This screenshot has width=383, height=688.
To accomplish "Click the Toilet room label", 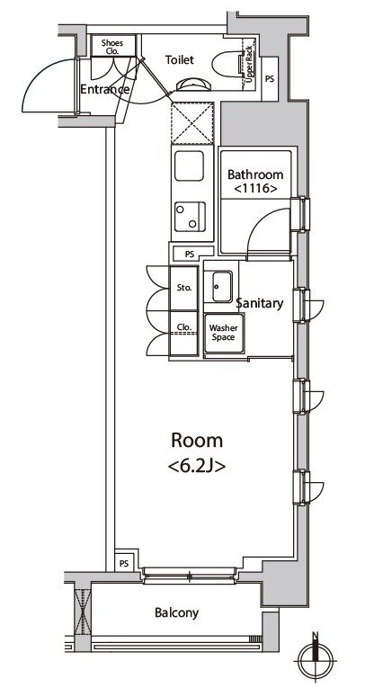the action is pyautogui.click(x=180, y=59).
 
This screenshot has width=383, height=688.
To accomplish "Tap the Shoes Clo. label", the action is pyautogui.click(x=111, y=47).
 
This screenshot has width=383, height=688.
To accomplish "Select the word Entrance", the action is pyautogui.click(x=105, y=90).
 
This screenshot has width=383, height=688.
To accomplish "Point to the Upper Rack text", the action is pyautogui.click(x=249, y=64).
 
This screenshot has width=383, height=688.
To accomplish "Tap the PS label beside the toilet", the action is pyautogui.click(x=270, y=79).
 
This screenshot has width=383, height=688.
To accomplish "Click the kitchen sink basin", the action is pyautogui.click(x=189, y=165).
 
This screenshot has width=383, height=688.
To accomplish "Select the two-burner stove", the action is pyautogui.click(x=190, y=216).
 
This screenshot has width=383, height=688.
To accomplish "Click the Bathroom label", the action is pyautogui.click(x=255, y=175).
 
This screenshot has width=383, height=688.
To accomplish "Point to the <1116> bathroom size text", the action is pyautogui.click(x=255, y=189).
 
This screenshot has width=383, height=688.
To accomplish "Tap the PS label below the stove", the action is pyautogui.click(x=190, y=255).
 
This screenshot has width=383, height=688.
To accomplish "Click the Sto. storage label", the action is pyautogui.click(x=183, y=289).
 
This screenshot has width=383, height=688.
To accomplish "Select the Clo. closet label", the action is pyautogui.click(x=183, y=326).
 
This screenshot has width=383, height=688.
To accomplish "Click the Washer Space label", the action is pyautogui.click(x=223, y=333).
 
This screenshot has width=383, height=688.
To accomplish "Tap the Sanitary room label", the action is pyautogui.click(x=260, y=303).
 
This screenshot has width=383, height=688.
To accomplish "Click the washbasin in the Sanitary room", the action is pyautogui.click(x=221, y=287).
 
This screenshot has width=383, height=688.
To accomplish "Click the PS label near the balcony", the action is pyautogui.click(x=124, y=564).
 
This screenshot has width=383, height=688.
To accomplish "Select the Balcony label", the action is pyautogui.click(x=177, y=613).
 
